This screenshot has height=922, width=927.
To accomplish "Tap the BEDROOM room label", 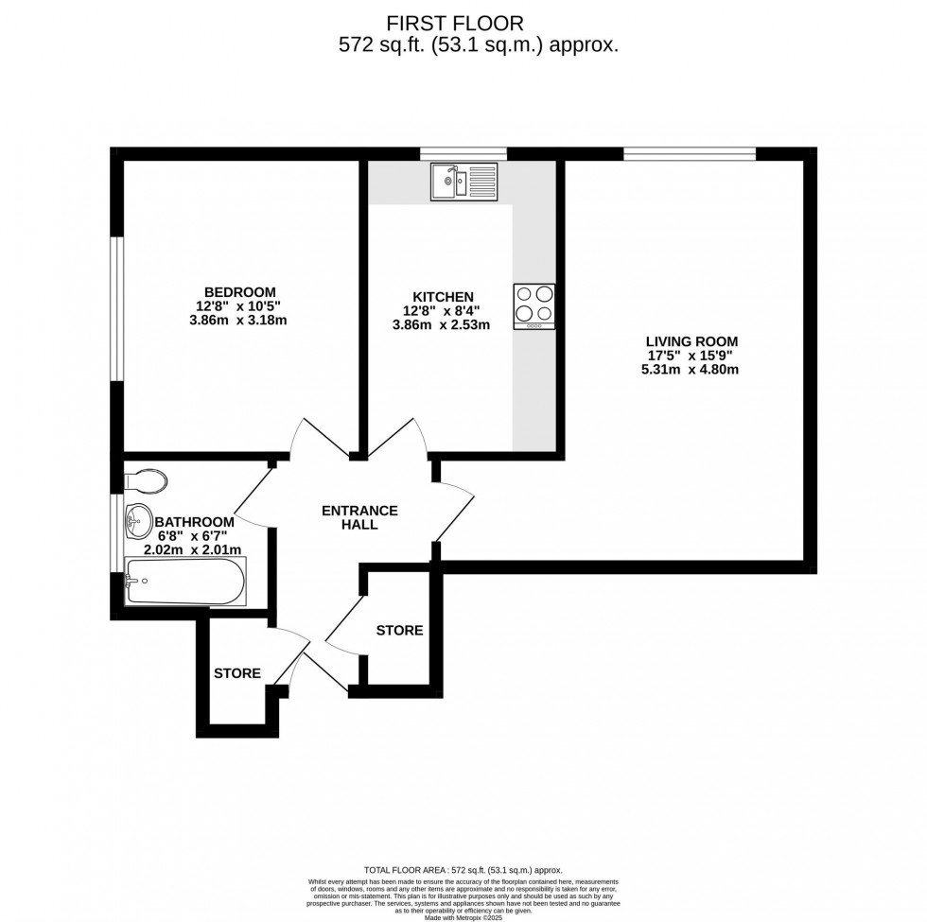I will coord(239,291).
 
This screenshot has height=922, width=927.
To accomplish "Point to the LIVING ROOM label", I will coord(691,341).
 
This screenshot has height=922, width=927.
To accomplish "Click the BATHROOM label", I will coord(194,522).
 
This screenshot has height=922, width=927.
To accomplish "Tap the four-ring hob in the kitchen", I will coord(534,306).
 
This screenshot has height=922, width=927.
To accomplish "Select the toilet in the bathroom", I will coord(146,480).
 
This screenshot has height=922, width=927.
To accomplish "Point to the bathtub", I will coord(185,582).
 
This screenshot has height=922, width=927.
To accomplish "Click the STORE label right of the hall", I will coord(399,631).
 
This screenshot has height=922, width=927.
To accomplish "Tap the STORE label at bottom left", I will coord(236,673).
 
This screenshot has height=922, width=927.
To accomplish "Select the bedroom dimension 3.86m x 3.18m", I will coord(239,320).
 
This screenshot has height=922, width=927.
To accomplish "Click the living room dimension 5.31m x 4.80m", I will coord(691,370).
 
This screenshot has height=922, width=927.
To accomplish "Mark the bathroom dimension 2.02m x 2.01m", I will coord(192,549).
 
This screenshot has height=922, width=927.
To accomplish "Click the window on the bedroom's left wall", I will coord(116,308).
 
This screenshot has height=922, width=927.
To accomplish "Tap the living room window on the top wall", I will coord(689,153).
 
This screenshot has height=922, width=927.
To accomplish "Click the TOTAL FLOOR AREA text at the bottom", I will coord(463,869).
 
